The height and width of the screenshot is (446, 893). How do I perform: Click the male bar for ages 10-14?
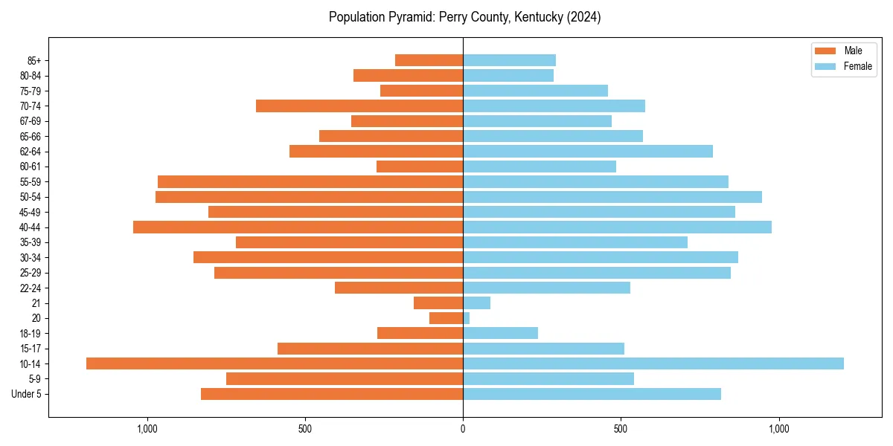click(x=275, y=363)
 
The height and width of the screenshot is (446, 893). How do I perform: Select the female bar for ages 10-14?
click(x=653, y=363)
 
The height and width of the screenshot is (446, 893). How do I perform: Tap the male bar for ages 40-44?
click(x=298, y=227)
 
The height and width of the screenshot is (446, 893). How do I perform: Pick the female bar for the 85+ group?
click(x=509, y=60)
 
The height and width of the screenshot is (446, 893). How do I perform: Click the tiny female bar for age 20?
click(x=467, y=318)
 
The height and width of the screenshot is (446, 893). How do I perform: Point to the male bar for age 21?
click(x=438, y=303)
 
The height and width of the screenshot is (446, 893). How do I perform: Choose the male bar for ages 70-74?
click(x=359, y=106)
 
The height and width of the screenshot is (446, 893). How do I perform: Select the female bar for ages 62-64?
click(x=588, y=151)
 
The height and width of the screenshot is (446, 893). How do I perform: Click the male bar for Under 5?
click(x=332, y=394)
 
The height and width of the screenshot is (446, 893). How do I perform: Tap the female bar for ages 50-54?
click(x=612, y=196)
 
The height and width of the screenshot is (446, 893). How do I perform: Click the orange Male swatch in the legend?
click(x=825, y=51)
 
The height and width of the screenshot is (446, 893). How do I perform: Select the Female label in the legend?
click(x=858, y=66)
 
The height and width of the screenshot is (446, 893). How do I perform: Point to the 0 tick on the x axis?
click(x=463, y=429)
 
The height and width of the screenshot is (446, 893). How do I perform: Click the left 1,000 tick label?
click(x=147, y=429)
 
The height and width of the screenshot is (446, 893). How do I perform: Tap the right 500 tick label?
click(x=621, y=429)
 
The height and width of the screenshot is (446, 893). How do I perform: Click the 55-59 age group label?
click(x=31, y=181)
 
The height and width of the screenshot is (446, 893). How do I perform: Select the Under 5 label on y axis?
click(x=26, y=394)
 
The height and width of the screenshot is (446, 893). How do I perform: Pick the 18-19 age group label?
click(x=31, y=333)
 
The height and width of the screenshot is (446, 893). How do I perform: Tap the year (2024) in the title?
click(x=581, y=17)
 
